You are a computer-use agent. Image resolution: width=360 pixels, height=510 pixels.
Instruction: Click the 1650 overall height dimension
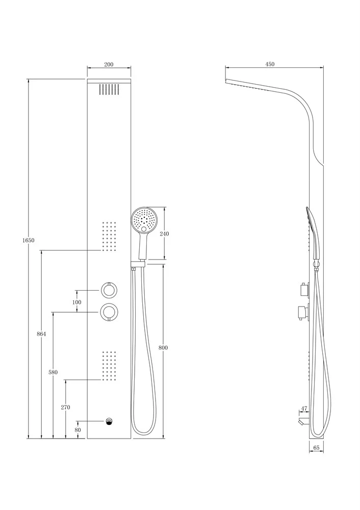coord(29,240)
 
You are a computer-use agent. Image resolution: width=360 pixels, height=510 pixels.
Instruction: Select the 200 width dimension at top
coord(109,64)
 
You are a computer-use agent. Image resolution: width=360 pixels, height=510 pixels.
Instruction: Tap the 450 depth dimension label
coord(270,64)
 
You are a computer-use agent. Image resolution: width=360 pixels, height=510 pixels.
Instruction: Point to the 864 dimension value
coord(41,334)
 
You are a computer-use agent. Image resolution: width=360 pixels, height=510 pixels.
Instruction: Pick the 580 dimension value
coord(53,372)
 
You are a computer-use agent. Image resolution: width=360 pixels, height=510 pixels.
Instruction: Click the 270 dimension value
coord(65,407)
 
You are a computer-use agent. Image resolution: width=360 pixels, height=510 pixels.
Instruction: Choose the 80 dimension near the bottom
coord(78,429)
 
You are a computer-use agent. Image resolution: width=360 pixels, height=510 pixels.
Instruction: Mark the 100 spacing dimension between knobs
coord(77,302)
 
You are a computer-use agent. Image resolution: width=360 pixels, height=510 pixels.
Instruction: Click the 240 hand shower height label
coord(165,234)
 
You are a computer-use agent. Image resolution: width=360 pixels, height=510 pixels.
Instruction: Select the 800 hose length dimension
coord(163,348)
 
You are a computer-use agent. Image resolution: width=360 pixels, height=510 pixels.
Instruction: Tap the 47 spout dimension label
coord(304,409)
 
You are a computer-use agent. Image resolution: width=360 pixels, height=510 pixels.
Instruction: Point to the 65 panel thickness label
coord(317,448)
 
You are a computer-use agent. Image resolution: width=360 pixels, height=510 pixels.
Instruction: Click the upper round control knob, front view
coord(109,290)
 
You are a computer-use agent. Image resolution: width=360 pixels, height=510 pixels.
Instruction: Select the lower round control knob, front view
coord(109,312)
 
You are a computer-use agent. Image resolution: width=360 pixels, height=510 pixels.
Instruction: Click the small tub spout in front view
coord(109,422)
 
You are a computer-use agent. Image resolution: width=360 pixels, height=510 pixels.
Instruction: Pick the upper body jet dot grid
coord(109,237)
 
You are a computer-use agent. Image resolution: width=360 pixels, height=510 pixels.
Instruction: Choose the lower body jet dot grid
coord(109,366)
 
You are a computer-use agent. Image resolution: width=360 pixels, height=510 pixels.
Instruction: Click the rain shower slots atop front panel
coord(109,89)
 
